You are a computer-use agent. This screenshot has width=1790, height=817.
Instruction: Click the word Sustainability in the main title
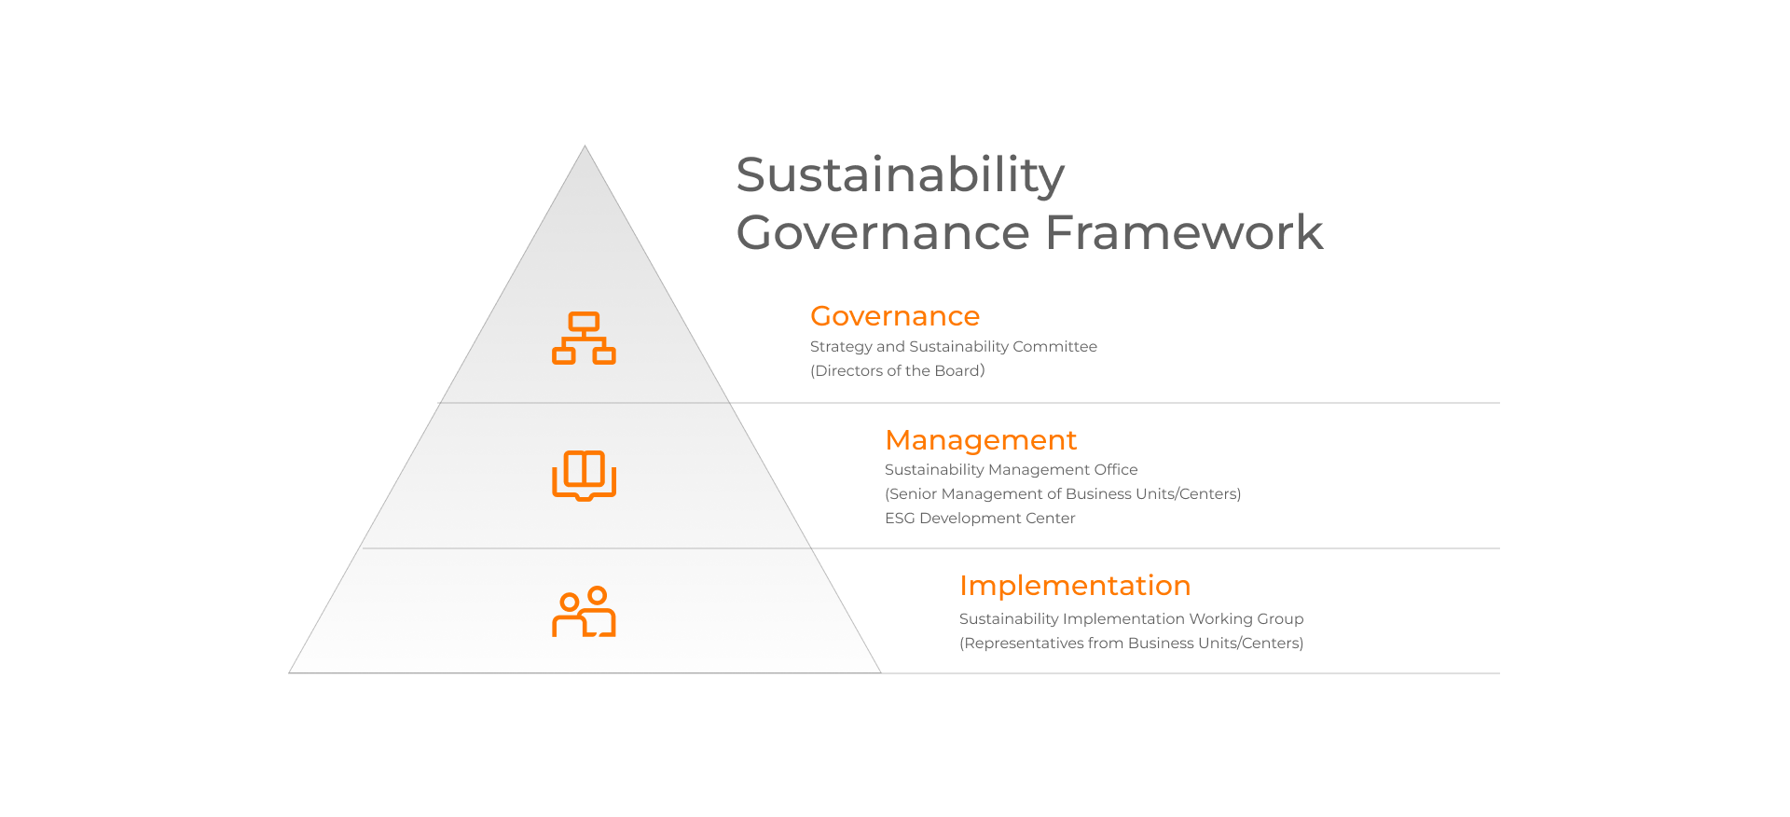point(900,175)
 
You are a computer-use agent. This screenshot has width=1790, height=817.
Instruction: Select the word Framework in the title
point(1184,232)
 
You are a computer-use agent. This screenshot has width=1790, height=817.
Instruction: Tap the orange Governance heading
point(895,316)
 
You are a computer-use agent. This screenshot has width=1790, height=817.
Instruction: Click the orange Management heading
point(981,439)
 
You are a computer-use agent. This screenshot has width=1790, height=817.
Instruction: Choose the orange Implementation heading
point(1075,585)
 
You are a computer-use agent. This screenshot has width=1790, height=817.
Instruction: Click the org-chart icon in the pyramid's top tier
point(585,338)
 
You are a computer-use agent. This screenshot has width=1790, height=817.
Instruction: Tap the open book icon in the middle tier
point(585,476)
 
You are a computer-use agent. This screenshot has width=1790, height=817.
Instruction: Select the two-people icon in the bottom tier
point(585,612)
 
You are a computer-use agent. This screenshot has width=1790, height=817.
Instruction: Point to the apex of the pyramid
point(585,146)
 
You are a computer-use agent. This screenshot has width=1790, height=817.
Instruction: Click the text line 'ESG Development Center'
point(980,518)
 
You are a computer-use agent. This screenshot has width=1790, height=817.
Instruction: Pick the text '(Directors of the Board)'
point(898,370)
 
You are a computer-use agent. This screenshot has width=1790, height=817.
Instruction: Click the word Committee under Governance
point(1054,346)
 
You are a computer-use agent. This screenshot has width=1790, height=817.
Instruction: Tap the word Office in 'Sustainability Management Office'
point(1116,469)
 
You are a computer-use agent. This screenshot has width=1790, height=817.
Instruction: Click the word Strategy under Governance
point(841,346)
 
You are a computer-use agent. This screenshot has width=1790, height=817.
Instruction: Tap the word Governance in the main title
point(882,232)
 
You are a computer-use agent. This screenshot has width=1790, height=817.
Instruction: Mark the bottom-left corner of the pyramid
point(290,672)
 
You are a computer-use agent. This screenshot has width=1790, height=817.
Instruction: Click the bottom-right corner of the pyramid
point(880,672)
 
